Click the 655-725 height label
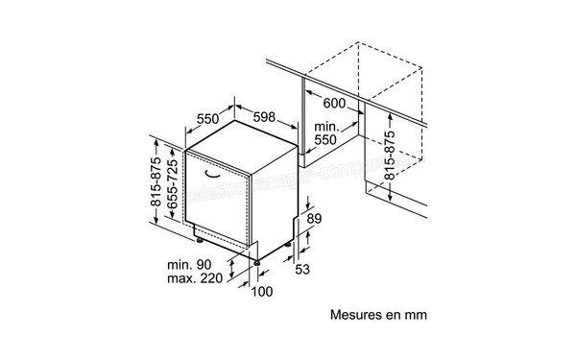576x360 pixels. [174, 187]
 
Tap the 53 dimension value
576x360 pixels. [301, 270]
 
